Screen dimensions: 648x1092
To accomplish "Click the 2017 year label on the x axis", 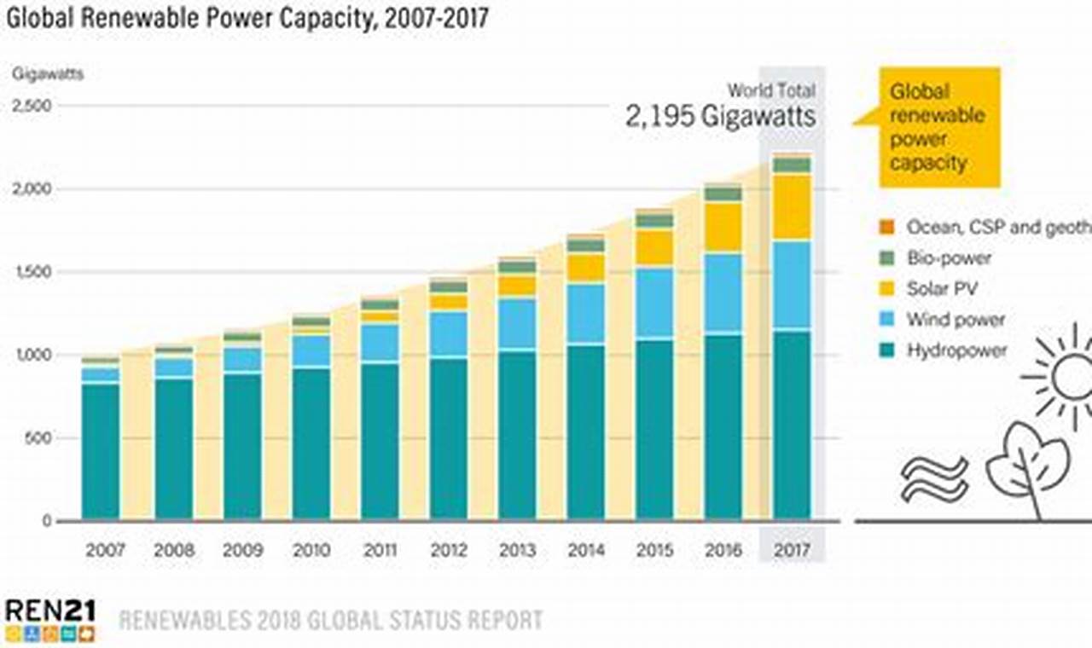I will tap(792, 550).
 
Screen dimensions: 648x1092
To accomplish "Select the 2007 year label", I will tap(105, 550).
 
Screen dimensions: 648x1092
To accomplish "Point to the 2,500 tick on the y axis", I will tap(32, 106).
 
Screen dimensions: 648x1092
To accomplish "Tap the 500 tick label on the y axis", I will tap(39, 438).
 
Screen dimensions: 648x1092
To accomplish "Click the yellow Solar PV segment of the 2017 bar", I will tap(792, 206).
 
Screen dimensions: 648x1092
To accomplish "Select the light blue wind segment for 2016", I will tap(723, 292).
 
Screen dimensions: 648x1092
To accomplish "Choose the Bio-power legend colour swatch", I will tap(886, 257).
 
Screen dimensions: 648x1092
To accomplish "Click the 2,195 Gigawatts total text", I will tap(720, 116).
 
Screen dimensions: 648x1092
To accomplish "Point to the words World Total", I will tap(771, 90).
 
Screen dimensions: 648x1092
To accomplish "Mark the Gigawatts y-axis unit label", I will tap(48, 73).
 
